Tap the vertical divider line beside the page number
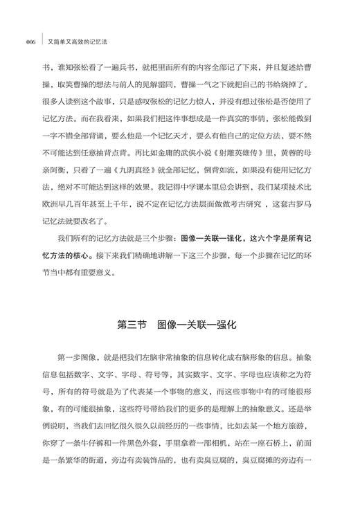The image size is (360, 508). [x=43, y=40]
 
